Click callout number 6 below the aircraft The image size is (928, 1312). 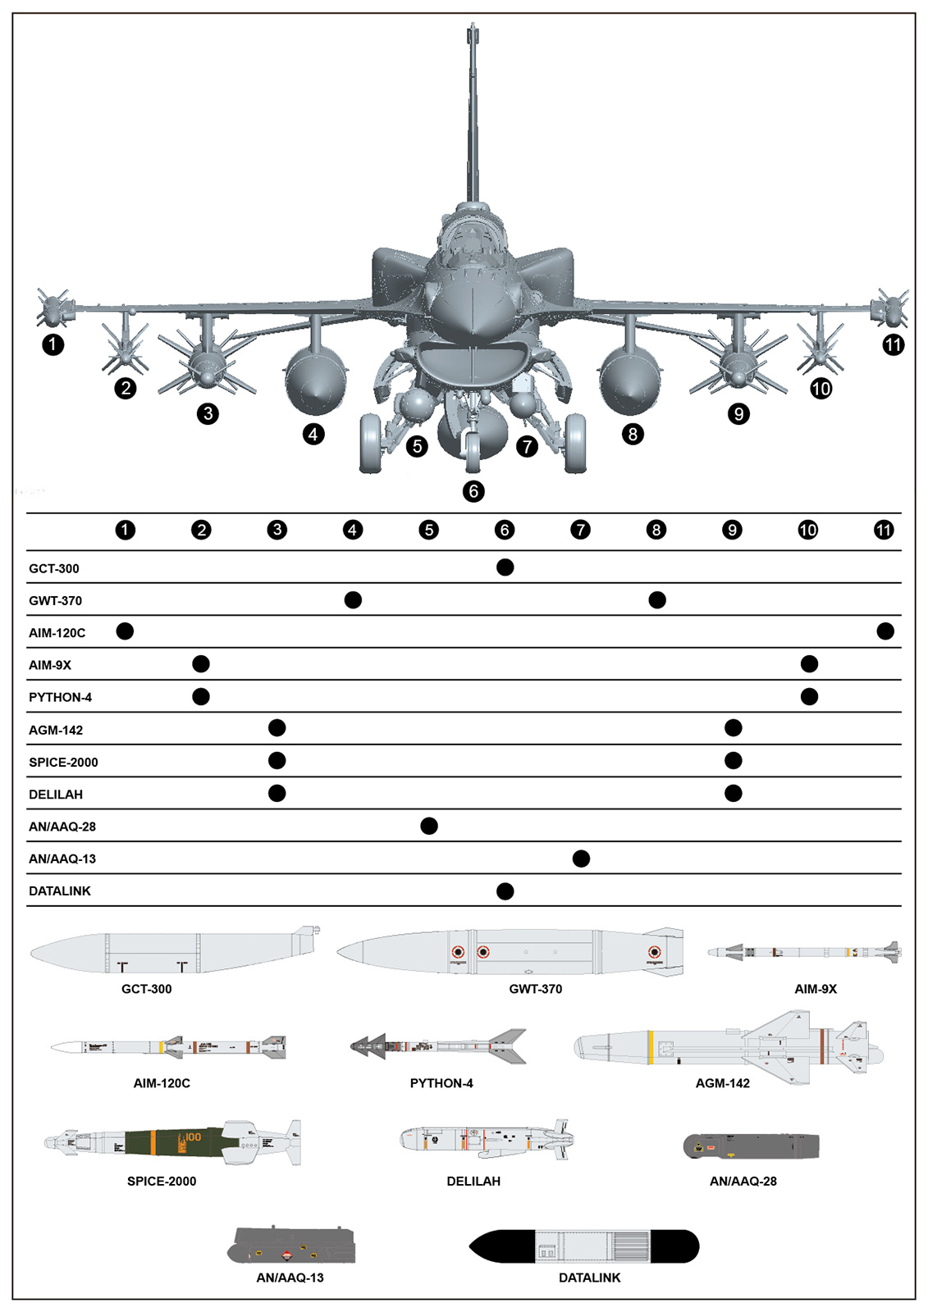pyautogui.click(x=473, y=491)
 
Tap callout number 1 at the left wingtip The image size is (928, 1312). pyautogui.click(x=53, y=344)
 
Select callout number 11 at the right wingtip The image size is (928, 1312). pyautogui.click(x=893, y=344)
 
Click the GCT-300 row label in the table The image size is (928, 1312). pyautogui.click(x=54, y=568)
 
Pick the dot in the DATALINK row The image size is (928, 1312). pyautogui.click(x=505, y=891)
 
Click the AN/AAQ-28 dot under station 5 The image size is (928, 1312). pyautogui.click(x=429, y=826)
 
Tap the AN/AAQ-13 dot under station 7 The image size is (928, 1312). pyautogui.click(x=581, y=859)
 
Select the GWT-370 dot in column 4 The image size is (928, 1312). pyautogui.click(x=353, y=600)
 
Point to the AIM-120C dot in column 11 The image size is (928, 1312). pyautogui.click(x=885, y=631)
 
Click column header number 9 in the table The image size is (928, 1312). pyautogui.click(x=733, y=530)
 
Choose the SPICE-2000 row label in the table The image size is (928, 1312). pyautogui.click(x=63, y=762)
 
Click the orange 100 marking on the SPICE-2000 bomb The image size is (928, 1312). pyautogui.click(x=193, y=1137)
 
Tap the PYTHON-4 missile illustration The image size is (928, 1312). pyautogui.click(x=438, y=1045)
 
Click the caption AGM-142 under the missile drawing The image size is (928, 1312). pyautogui.click(x=722, y=1083)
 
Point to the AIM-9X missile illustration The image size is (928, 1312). pyautogui.click(x=804, y=953)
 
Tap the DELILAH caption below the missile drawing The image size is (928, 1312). pyautogui.click(x=473, y=1181)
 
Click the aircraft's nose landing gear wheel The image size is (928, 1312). pyautogui.click(x=473, y=452)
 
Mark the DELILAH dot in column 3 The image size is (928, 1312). pyautogui.click(x=277, y=793)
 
